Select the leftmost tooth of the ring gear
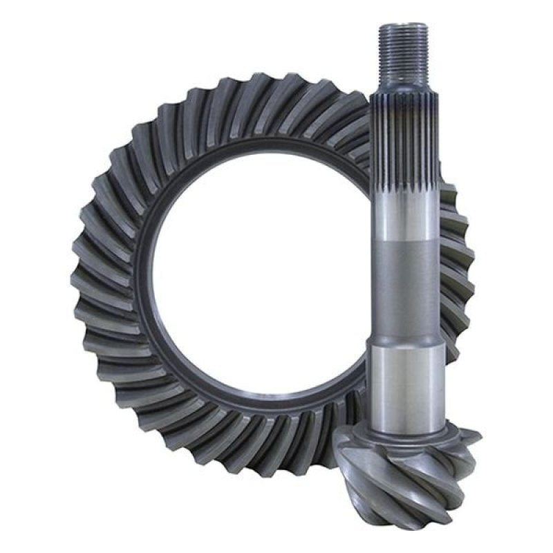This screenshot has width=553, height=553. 79,276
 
